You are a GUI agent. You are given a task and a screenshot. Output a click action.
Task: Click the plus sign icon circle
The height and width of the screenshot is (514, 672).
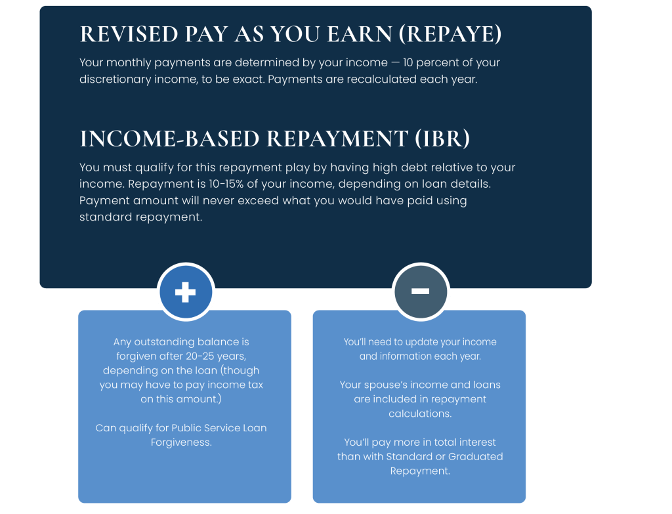(186, 291)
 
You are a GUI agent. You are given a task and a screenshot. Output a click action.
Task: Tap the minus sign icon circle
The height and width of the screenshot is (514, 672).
(420, 291)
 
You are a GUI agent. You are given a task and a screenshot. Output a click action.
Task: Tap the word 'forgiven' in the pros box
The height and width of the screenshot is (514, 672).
(138, 356)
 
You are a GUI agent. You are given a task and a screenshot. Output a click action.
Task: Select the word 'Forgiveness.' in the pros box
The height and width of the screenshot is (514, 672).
(181, 442)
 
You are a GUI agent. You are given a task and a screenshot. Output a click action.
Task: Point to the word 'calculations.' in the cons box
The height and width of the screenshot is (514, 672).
(420, 414)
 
